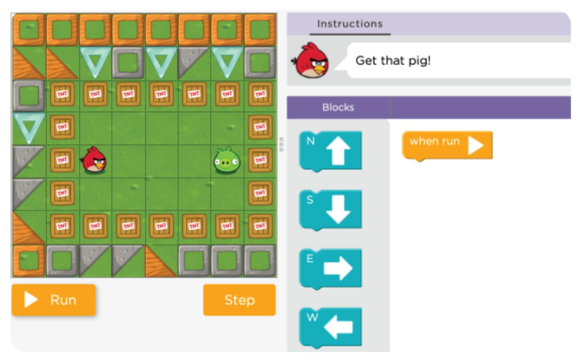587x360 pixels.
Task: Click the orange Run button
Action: pos(54,300)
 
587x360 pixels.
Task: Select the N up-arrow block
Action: pos(330,151)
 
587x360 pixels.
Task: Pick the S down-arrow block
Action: pos(330,209)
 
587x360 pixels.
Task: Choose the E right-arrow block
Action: pos(330,268)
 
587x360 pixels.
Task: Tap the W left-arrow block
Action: pos(330,327)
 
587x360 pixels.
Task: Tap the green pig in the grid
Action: pos(227,160)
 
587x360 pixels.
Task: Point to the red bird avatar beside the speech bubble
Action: pos(312,61)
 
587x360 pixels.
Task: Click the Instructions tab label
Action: pos(350,24)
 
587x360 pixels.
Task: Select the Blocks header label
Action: pos(338,107)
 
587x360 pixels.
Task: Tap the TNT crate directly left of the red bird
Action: pos(62,160)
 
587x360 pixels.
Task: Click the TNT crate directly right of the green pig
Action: pos(260,160)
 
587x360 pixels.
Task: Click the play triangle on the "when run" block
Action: pos(475,145)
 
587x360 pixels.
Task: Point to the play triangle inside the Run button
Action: pos(31,300)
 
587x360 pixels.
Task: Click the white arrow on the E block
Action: pos(338,268)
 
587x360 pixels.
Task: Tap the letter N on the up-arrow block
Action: pos(310,141)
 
